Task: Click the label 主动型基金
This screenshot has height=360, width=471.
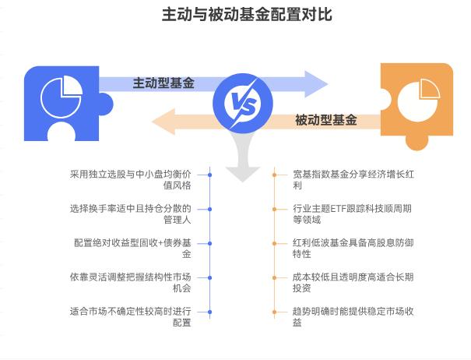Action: click(x=163, y=83)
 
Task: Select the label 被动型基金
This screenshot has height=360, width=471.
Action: click(x=326, y=120)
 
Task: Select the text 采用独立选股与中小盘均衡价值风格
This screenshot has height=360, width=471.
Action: click(x=131, y=180)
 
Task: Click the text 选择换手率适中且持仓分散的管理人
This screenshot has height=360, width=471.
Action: click(x=131, y=214)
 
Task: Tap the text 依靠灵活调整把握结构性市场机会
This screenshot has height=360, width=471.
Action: click(x=131, y=283)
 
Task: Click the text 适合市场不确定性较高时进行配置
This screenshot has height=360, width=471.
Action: click(x=131, y=317)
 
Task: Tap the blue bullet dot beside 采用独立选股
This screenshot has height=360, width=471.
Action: click(x=210, y=175)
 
